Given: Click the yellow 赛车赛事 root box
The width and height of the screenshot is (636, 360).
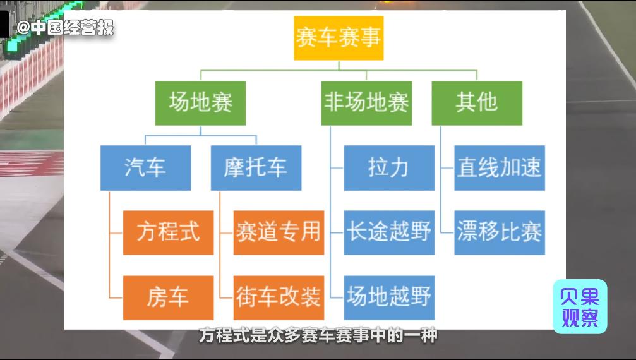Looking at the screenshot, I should [339, 38].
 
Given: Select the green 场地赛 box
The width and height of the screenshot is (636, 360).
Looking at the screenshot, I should [200, 102].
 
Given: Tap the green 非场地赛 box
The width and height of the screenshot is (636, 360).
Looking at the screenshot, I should [366, 102].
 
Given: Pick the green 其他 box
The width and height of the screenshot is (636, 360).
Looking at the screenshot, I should [477, 102].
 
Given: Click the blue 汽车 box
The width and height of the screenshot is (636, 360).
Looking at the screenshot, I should [145, 168].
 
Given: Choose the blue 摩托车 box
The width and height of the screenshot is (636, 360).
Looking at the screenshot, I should [256, 168].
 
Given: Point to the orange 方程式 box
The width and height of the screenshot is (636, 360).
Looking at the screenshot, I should [168, 232].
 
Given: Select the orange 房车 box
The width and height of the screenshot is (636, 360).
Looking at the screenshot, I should [168, 297].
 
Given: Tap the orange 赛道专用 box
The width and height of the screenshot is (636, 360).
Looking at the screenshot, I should [279, 232].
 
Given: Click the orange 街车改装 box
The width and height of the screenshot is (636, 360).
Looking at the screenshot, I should [279, 297].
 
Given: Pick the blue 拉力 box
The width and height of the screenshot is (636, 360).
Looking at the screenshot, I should [389, 168].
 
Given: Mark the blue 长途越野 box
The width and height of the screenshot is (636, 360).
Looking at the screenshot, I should [389, 232].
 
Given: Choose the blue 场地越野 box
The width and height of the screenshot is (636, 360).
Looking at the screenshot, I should [389, 297].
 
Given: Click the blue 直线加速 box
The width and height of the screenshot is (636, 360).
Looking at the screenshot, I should [500, 168].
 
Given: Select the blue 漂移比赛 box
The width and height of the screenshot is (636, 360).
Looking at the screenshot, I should [500, 232].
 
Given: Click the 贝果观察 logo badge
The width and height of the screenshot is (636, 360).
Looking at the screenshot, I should [580, 307].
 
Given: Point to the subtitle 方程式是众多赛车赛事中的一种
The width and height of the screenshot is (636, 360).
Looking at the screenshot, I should [318, 335].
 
